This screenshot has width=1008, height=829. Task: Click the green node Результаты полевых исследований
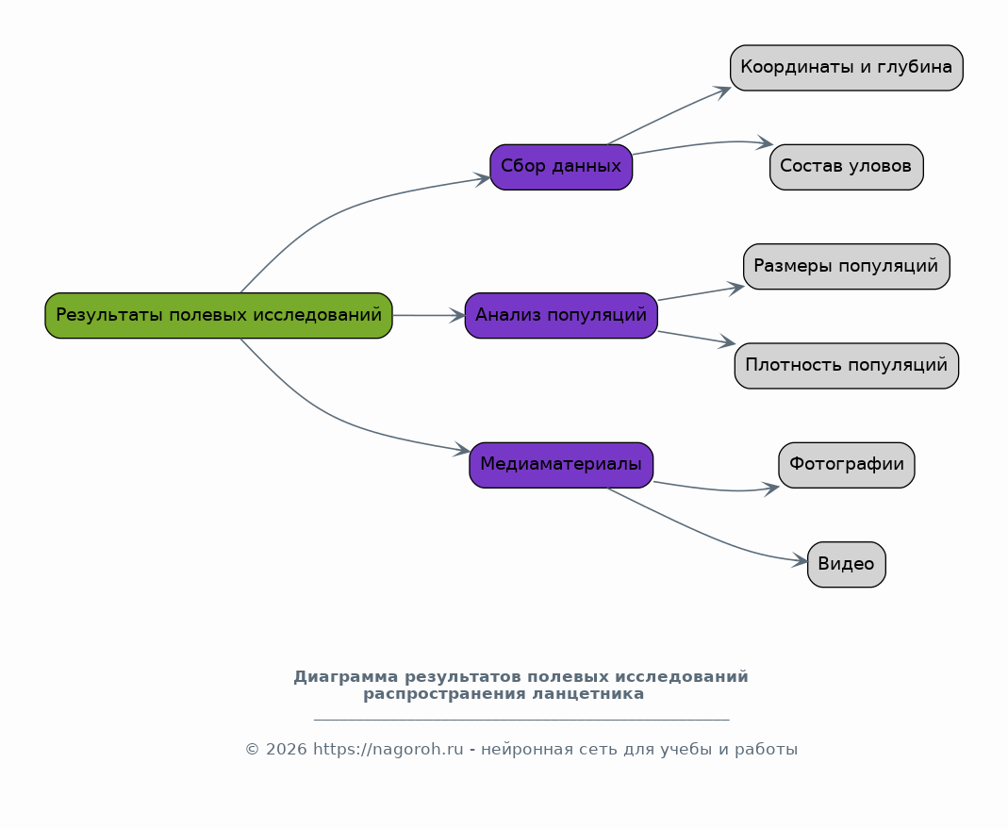[219, 315]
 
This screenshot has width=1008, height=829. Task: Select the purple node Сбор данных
[561, 167]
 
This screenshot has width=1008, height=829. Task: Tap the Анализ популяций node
[561, 315]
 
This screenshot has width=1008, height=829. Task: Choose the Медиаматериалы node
[561, 464]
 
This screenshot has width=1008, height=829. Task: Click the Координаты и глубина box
[846, 68]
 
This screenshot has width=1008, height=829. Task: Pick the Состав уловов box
[846, 167]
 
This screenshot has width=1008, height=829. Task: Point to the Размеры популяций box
[846, 266]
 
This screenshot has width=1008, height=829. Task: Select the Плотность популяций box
[846, 365]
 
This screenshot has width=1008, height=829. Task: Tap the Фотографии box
[846, 464]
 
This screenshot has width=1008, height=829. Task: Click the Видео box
[846, 564]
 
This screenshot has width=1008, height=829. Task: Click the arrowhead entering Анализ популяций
[456, 315]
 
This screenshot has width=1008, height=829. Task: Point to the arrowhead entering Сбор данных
[482, 179]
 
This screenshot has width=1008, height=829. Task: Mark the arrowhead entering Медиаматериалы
[462, 449]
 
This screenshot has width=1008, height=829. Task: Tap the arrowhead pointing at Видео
[800, 560]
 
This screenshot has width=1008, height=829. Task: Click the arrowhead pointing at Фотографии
[770, 489]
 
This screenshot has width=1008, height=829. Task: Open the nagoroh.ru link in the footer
[388, 749]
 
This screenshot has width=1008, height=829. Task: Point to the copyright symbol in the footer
[252, 749]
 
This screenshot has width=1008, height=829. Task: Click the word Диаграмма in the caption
[346, 676]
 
